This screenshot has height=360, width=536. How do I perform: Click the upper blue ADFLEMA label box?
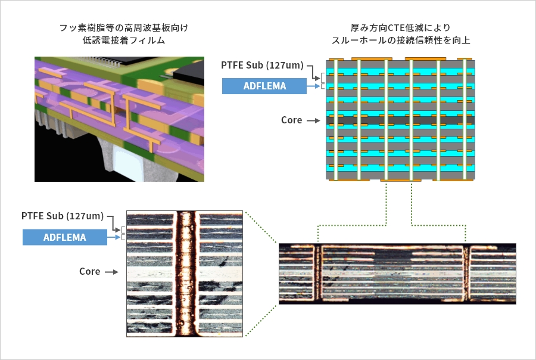pos(264,86)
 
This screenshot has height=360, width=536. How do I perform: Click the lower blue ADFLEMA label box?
pos(65,237)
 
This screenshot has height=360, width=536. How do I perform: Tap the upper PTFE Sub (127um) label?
pos(262,65)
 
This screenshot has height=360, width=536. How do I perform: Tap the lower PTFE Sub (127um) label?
pos(63,216)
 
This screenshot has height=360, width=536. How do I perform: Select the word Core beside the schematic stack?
pos(292,120)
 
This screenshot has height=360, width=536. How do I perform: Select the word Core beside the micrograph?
pos(90,271)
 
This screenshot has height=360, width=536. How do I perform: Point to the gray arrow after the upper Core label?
pos(313,120)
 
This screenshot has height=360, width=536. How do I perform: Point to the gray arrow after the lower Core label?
pos(111,272)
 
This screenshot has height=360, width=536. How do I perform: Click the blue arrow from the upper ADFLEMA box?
pos(313,86)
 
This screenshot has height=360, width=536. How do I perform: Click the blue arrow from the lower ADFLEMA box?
pos(114,237)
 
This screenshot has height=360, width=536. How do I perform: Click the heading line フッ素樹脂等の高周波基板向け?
pos(124,28)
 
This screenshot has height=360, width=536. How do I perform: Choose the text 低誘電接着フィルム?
pos(124,41)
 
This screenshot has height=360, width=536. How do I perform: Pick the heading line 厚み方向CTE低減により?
pos(401,28)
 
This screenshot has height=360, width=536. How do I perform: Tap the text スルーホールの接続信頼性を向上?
pos(401,41)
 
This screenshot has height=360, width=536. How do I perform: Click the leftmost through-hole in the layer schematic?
pos(336,120)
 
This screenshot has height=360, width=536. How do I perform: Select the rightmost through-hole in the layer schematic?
pos(465,120)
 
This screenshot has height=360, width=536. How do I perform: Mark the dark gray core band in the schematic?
pos(400,120)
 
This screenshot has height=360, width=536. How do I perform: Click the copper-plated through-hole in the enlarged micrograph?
pos(186,274)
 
